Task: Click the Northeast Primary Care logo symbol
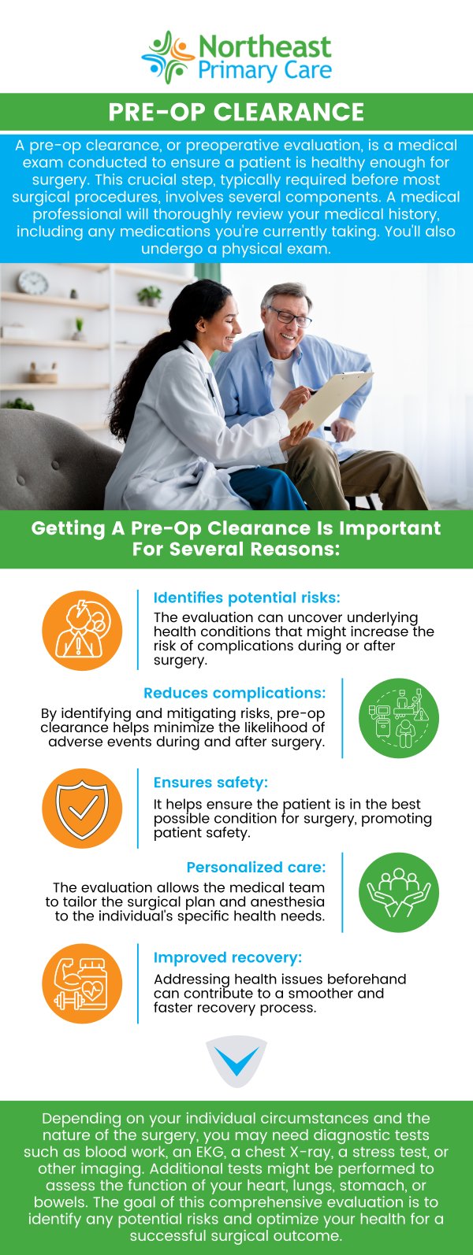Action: point(168,57)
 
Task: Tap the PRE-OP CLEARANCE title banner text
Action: point(236,112)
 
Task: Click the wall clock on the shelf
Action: point(32,282)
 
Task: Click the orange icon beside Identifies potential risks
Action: point(82,631)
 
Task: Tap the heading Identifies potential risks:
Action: point(247,598)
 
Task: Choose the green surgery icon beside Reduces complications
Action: point(398,718)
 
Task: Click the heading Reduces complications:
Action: point(235,693)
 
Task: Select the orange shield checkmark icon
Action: point(82,809)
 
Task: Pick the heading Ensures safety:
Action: point(211,783)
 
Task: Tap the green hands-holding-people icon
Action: point(398,893)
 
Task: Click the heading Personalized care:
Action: point(256,868)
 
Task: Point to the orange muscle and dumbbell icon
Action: point(82,984)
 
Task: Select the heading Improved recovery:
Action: point(228,957)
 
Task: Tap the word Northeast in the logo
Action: point(265,47)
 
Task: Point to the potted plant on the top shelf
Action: point(149,295)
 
